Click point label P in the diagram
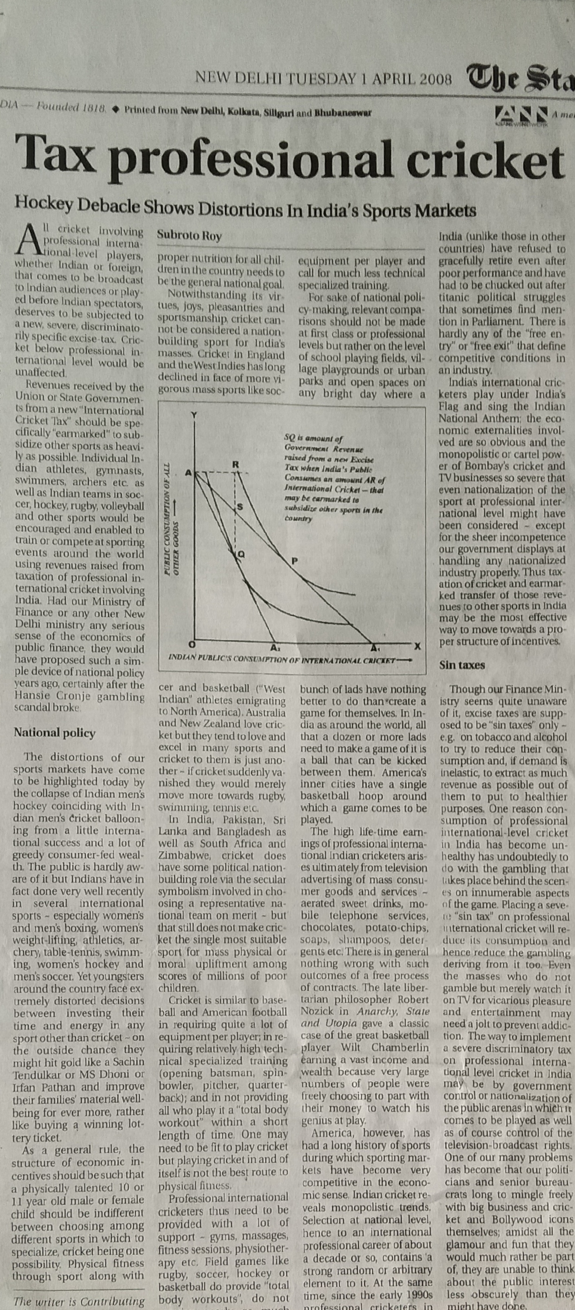[294, 561]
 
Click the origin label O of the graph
[192, 644]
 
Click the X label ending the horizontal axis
[417, 646]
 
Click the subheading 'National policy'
[54, 733]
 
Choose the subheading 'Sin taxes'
[462, 665]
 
